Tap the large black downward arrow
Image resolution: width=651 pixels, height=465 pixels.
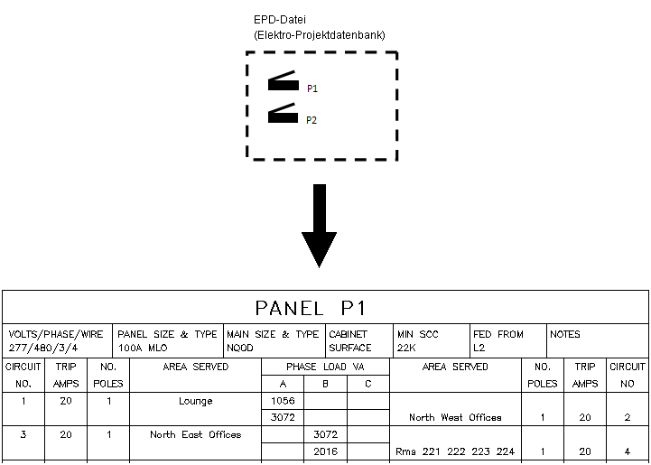coord(319,226)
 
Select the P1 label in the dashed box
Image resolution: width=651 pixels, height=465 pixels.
coord(312,89)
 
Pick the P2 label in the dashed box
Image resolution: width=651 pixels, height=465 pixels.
coord(312,120)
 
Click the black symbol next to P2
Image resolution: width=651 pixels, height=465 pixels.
coord(284,113)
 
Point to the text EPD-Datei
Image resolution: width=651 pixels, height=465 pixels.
coord(280,20)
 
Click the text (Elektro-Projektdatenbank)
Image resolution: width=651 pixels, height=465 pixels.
coord(320,35)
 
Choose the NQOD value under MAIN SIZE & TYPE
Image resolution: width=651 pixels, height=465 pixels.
coord(241,348)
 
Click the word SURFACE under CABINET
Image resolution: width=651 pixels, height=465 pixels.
coord(349,348)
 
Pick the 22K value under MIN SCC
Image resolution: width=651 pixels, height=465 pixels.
coord(408,348)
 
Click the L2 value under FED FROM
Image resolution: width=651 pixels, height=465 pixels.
coord(479,348)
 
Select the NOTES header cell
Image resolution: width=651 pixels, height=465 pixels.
coord(565,334)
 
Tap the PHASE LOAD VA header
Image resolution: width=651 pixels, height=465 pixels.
coord(324,367)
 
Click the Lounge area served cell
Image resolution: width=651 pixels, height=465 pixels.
coord(195,401)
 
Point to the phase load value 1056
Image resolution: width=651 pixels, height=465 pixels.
coord(283,401)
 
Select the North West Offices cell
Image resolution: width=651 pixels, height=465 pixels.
coord(455,418)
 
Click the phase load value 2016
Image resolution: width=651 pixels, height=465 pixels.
coord(325,451)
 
